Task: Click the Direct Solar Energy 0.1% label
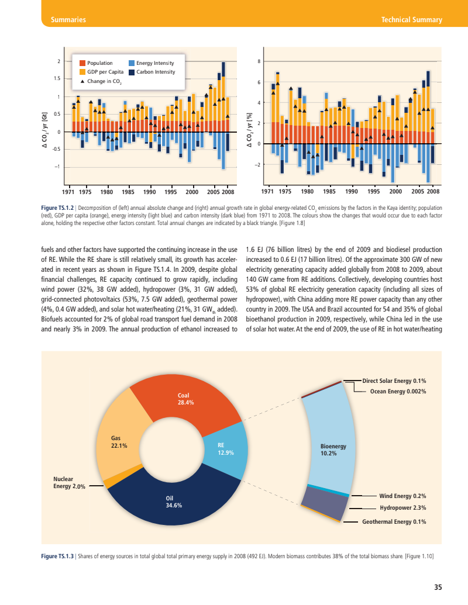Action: click(x=394, y=381)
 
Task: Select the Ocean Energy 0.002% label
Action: click(x=398, y=391)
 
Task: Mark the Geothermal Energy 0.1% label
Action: click(x=394, y=521)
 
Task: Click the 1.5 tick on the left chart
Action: click(x=57, y=79)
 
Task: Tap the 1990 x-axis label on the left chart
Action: click(x=149, y=191)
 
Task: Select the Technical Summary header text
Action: click(x=411, y=20)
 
